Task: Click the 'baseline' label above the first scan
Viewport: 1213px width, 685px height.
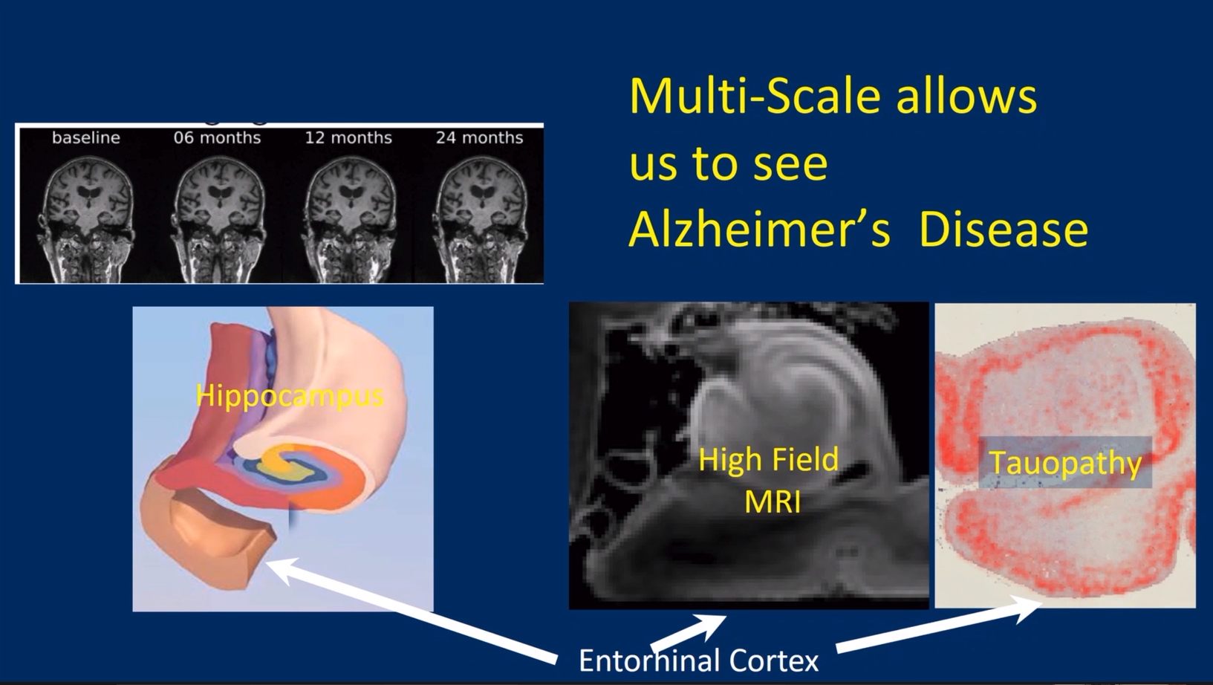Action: [85, 137]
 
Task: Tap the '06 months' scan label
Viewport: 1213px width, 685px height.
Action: [217, 137]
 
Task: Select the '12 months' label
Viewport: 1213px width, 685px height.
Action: [348, 137]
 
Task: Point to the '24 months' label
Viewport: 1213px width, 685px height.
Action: [479, 137]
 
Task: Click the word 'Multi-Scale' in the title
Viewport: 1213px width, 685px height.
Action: [755, 96]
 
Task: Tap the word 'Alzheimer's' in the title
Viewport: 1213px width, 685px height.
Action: [759, 229]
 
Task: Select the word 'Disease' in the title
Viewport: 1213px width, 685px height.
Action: [1004, 229]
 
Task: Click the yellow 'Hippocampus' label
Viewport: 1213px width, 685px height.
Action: [290, 397]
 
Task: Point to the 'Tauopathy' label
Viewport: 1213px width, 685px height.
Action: [1066, 463]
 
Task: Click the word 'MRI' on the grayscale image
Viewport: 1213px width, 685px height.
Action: [773, 501]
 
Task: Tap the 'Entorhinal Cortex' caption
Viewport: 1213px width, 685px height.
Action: [698, 660]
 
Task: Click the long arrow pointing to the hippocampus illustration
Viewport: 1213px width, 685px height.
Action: [412, 610]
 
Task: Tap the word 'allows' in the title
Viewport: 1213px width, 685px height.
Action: [966, 96]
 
